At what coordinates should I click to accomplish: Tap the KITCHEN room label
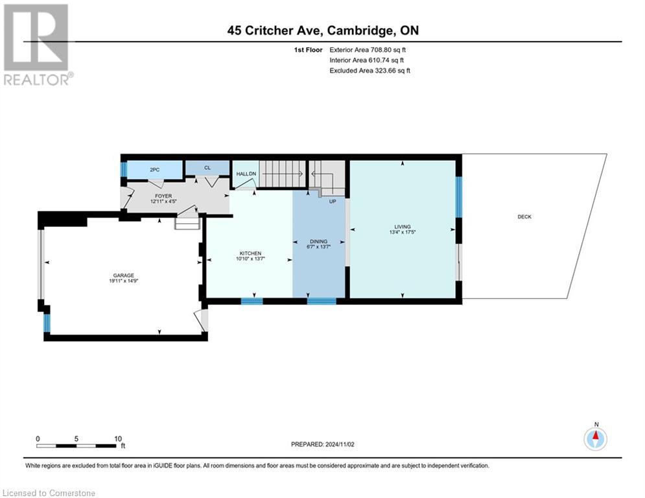click(x=250, y=253)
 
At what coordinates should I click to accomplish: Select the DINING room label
click(x=318, y=241)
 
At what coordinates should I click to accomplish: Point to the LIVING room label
click(x=402, y=226)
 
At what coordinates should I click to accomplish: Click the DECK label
click(x=524, y=217)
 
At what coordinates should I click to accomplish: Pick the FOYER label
click(x=163, y=195)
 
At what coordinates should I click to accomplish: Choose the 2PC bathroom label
click(x=154, y=169)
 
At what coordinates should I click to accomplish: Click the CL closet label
click(x=207, y=168)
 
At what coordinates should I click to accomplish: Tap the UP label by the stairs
click(x=333, y=201)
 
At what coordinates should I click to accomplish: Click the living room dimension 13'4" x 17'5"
click(x=402, y=232)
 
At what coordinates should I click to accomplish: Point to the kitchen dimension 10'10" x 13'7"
click(x=250, y=259)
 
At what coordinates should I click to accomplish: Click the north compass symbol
click(x=595, y=438)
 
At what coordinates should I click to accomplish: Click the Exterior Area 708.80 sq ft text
click(x=368, y=49)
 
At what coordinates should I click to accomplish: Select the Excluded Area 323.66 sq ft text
click(x=369, y=70)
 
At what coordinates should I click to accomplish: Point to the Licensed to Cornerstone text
click(x=49, y=493)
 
